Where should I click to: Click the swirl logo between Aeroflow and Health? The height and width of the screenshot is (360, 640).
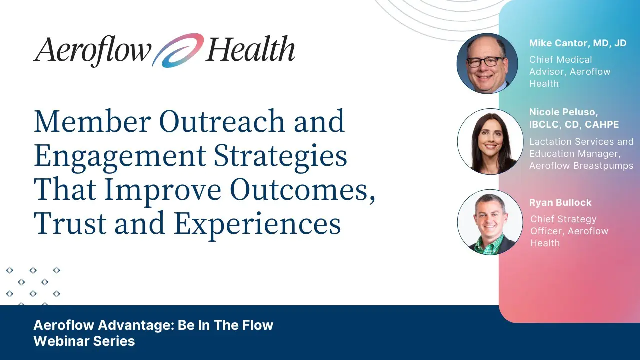(177, 51)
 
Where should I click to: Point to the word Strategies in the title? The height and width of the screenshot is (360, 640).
(280, 156)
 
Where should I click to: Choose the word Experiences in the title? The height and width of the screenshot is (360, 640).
(257, 225)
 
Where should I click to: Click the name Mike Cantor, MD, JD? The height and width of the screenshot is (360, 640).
(577, 43)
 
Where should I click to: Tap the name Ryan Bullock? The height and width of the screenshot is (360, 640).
(560, 203)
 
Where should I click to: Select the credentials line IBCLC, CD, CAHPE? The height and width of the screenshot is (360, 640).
(574, 125)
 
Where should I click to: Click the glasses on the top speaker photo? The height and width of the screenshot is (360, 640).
(485, 62)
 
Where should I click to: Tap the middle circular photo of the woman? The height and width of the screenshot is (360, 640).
(490, 141)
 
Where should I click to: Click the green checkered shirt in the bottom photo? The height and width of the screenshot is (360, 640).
(488, 245)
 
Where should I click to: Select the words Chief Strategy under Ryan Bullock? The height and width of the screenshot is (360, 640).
(563, 219)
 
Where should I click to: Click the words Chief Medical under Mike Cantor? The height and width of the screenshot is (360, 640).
(560, 59)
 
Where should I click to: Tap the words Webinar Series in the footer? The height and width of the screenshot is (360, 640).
(84, 341)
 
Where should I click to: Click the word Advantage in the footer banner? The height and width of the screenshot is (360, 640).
(136, 325)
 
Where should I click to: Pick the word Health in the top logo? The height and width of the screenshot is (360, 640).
(250, 49)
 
